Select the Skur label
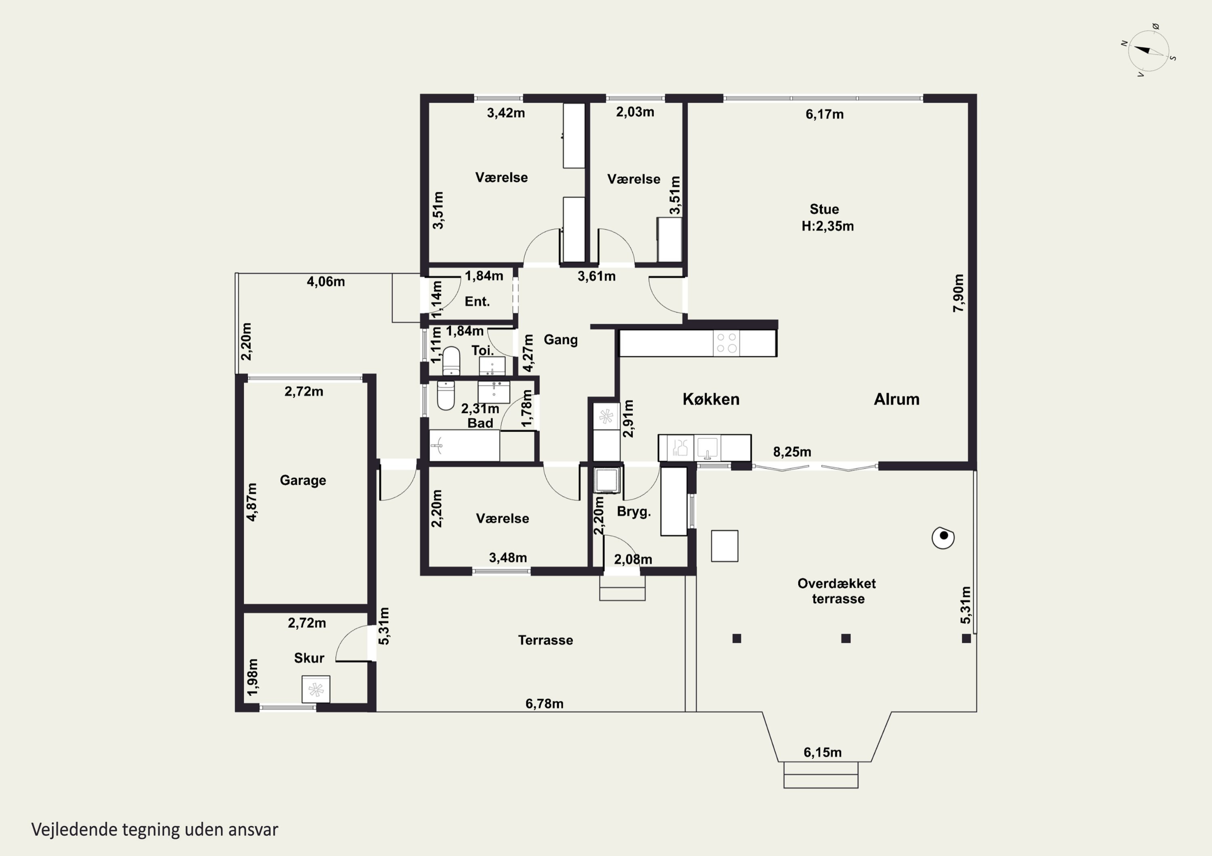(309, 658)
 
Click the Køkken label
(711, 399)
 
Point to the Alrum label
(896, 399)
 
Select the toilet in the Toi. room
(451, 361)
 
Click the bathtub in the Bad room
(464, 446)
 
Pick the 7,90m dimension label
(959, 293)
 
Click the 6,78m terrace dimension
(544, 703)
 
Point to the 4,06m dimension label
(326, 282)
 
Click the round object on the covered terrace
(943, 538)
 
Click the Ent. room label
(477, 302)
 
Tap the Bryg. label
(634, 512)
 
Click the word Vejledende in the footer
(74, 830)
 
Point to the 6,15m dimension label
(823, 753)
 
